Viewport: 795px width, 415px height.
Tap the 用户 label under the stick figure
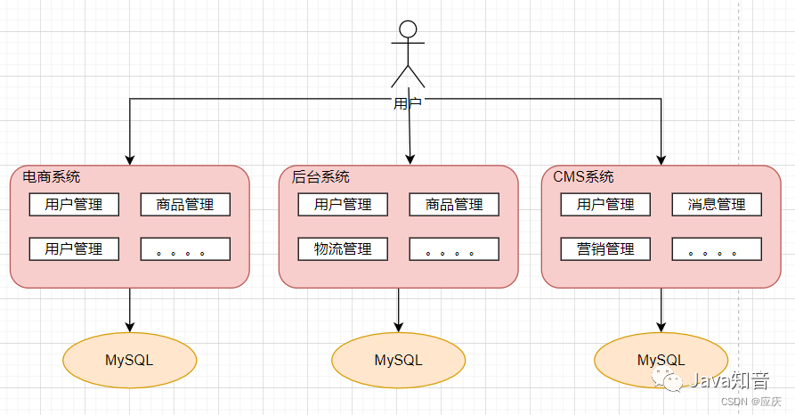click(407, 103)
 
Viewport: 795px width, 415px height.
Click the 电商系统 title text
click(51, 176)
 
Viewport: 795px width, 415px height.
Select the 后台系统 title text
click(320, 176)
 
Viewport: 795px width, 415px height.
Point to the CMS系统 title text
click(583, 176)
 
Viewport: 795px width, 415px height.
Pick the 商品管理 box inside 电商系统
click(185, 205)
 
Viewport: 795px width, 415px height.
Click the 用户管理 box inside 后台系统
click(343, 205)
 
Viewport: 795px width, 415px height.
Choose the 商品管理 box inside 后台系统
click(454, 205)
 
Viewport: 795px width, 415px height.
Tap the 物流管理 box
click(343, 249)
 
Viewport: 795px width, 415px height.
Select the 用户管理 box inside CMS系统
click(605, 205)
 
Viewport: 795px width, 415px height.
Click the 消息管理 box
click(717, 205)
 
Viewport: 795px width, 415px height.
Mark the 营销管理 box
click(605, 249)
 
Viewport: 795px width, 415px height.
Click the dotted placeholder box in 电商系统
click(185, 249)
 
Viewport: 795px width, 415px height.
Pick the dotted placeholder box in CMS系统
click(717, 249)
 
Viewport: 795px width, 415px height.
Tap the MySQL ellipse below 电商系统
click(129, 360)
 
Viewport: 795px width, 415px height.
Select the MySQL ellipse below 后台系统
click(398, 360)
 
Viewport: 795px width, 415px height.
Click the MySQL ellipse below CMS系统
click(661, 360)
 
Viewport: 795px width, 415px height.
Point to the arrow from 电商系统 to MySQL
click(130, 308)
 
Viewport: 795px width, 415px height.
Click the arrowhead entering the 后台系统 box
click(410, 159)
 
